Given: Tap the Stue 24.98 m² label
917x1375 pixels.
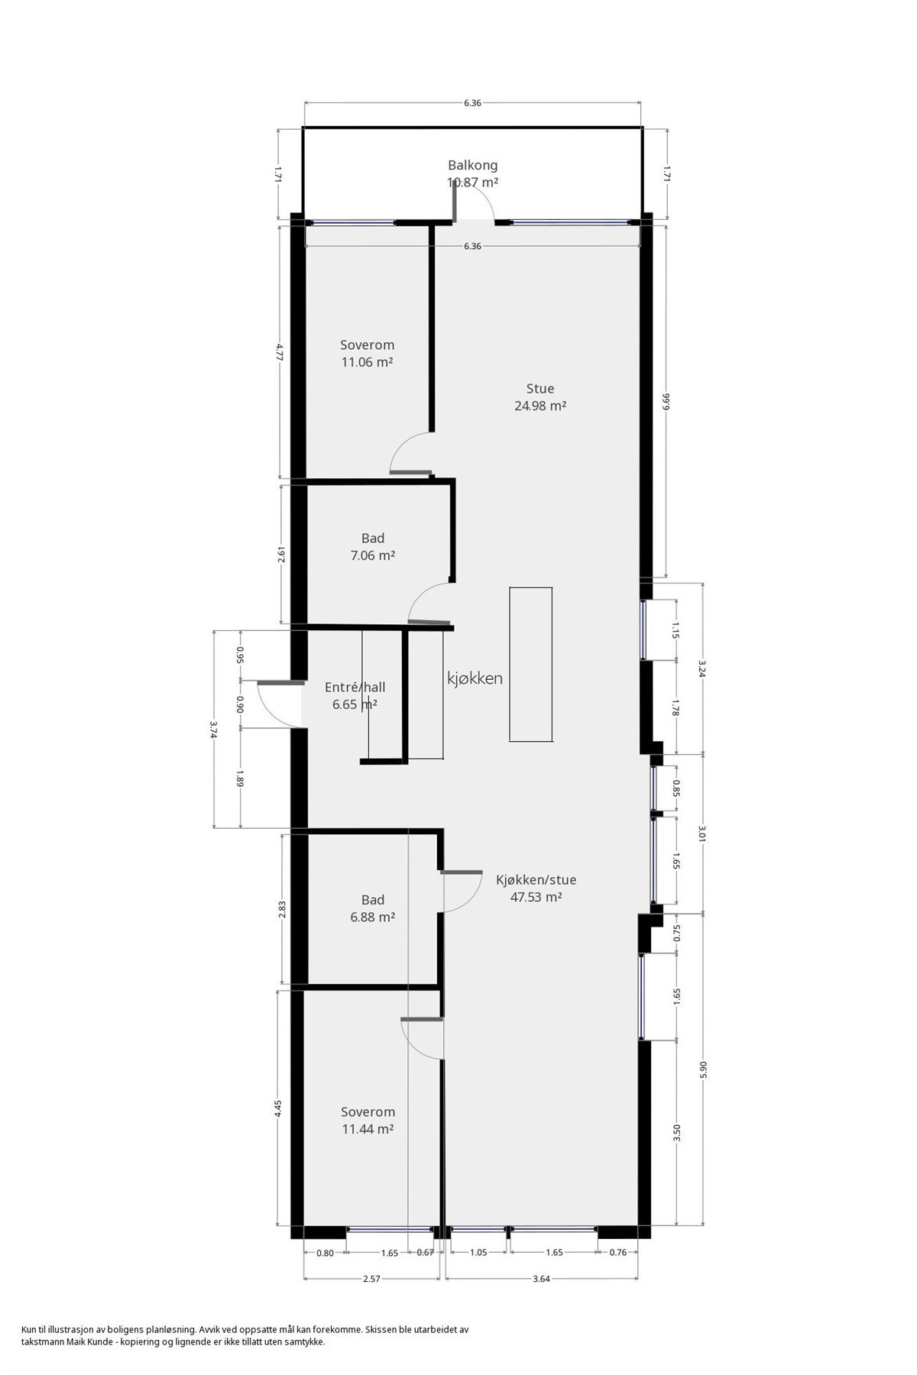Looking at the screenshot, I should (x=540, y=397).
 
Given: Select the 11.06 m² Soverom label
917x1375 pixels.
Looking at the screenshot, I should (x=367, y=354).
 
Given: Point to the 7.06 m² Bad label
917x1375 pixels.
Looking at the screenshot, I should (x=372, y=547).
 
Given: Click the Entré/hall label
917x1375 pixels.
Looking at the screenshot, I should (x=355, y=695).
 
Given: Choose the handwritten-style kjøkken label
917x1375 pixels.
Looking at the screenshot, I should (x=475, y=678).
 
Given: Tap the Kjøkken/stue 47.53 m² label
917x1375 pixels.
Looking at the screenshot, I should (x=536, y=888).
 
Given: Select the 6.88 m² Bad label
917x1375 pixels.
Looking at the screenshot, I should (x=372, y=908).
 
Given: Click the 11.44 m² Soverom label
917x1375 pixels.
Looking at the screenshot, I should (x=368, y=1121).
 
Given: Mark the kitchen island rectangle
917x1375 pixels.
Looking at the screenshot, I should (x=531, y=664).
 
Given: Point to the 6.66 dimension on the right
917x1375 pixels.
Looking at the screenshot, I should (x=666, y=402).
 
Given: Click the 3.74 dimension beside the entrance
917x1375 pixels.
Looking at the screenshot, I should (x=214, y=730).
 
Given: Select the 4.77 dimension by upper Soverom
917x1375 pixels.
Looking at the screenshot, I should (x=280, y=352).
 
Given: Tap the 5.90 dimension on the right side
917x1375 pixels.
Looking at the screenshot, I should (x=703, y=1069).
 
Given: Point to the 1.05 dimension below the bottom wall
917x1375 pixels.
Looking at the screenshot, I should (x=478, y=1252).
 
